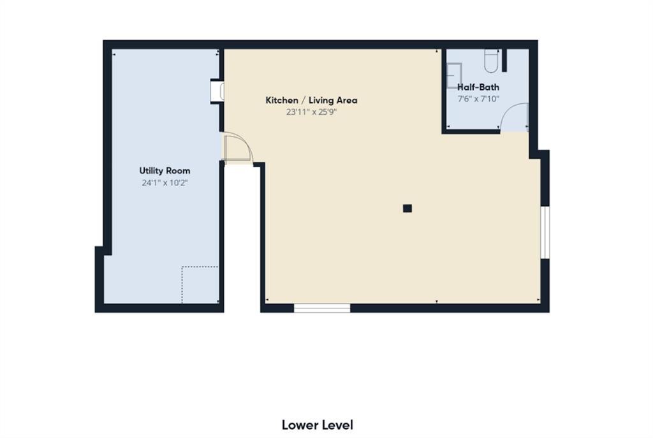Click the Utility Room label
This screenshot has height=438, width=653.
tap(165, 171)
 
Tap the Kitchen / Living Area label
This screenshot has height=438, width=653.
tap(311, 100)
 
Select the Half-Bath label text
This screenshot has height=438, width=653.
tap(478, 87)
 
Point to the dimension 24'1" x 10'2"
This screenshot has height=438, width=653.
tap(165, 183)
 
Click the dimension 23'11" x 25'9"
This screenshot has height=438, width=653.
tap(311, 112)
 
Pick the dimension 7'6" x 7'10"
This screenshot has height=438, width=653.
tap(478, 99)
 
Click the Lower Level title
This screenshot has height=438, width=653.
tap(317, 425)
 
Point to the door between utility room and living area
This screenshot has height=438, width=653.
tap(237, 149)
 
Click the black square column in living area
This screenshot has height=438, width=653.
tap(407, 208)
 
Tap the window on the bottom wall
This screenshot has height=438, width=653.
tap(322, 309)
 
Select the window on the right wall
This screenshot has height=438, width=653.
tap(545, 232)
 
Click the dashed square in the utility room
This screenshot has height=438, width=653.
tap(200, 284)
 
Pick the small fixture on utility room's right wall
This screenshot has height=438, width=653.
tap(217, 91)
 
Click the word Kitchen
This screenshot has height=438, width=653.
tap(281, 100)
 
